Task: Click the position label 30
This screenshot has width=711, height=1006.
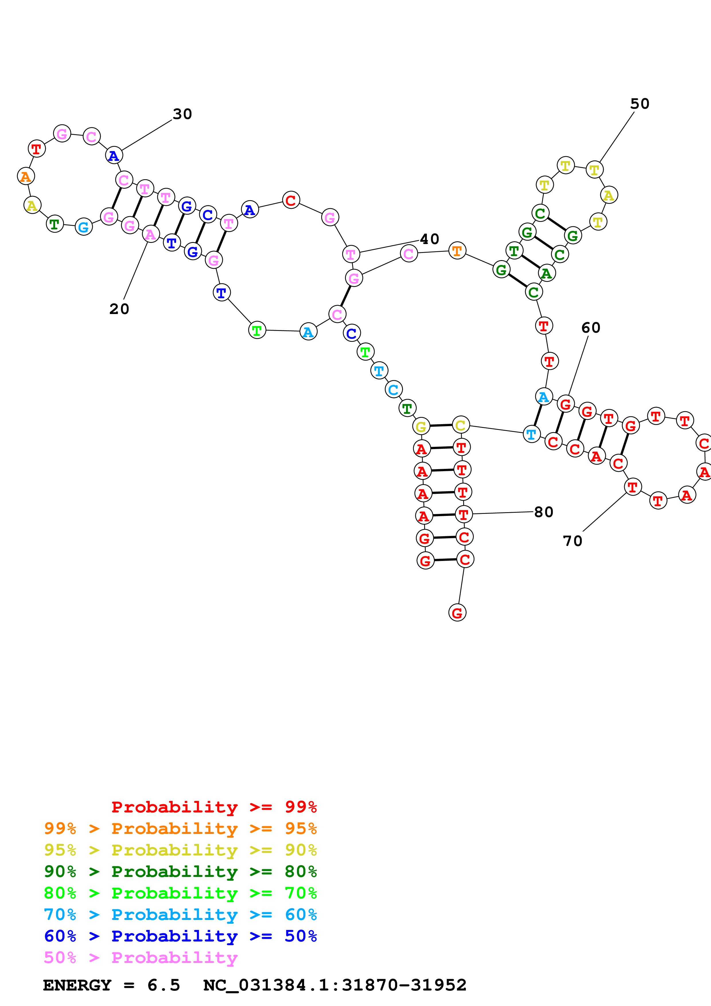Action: coord(182,114)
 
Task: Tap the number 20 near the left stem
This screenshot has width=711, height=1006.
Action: coord(119,309)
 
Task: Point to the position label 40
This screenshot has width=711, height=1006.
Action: coord(429,239)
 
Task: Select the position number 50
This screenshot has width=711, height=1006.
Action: coord(640,104)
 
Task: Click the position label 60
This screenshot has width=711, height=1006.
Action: coord(591,328)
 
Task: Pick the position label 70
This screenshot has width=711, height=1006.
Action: coord(572,541)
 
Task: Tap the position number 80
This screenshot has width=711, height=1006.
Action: coord(544,512)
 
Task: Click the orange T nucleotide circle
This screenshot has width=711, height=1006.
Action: coord(457,251)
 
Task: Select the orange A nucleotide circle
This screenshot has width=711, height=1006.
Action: coord(26,176)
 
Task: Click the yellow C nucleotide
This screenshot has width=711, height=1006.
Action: coord(460,425)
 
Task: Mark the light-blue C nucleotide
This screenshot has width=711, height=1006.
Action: coord(394,389)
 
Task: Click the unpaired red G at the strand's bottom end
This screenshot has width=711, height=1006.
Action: coord(457,613)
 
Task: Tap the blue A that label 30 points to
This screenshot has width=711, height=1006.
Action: coord(114,155)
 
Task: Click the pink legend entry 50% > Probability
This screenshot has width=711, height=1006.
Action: coord(141,958)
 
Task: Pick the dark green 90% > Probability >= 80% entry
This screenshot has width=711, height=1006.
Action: coord(180,872)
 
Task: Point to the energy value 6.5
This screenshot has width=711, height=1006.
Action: coord(163,985)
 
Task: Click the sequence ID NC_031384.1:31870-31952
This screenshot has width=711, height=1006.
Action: coord(335,985)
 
